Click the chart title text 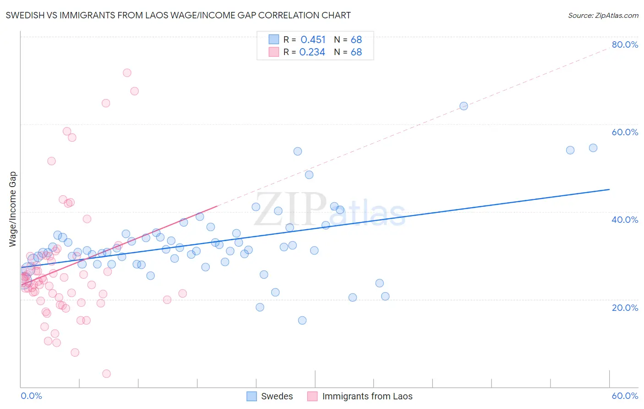coord(178,15)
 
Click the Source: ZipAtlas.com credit coord(603,16)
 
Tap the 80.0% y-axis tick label coord(625,44)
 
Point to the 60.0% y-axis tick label coord(625,132)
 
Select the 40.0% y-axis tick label coord(625,220)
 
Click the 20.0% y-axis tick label coord(625,308)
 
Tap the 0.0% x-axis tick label coord(31,396)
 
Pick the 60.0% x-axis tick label coord(625,396)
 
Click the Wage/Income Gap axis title coord(13,209)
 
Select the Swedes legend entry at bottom coord(270,396)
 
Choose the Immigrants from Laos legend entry coord(360,396)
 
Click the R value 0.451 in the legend coord(313,40)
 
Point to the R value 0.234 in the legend coord(312,52)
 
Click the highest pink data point coord(127,73)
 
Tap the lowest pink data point coord(106,374)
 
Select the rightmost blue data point coord(593,148)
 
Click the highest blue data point coord(464,106)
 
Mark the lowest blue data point coord(302,321)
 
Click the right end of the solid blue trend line coord(609,189)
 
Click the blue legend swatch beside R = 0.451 coord(273,39)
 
